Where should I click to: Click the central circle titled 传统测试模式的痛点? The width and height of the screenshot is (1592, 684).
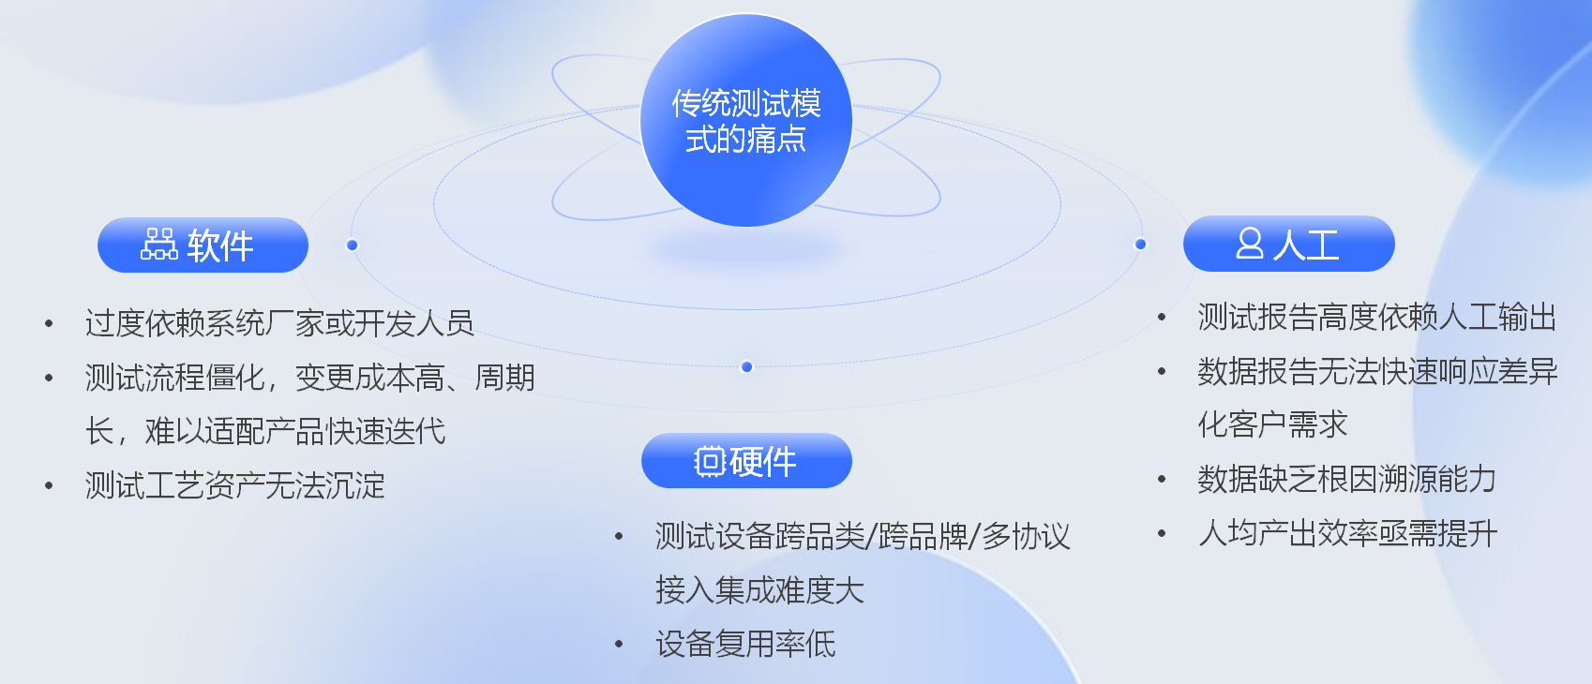tap(746, 121)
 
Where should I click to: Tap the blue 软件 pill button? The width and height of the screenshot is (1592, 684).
tap(203, 245)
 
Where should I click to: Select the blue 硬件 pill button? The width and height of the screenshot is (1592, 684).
tap(746, 461)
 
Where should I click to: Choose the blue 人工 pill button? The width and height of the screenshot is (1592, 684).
tap(1288, 244)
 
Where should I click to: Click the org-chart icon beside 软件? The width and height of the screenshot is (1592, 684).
tap(159, 245)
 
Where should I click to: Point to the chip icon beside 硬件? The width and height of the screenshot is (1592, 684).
tap(710, 462)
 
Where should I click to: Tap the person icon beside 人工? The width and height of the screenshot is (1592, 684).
tap(1250, 243)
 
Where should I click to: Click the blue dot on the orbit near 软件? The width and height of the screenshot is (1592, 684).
tap(352, 245)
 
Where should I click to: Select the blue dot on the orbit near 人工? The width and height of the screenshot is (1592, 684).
tap(1140, 245)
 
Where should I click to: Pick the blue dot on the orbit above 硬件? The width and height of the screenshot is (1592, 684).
tap(746, 367)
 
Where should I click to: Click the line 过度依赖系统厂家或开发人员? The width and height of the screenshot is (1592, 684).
tap(279, 323)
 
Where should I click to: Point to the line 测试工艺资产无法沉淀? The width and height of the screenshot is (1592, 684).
tap(234, 486)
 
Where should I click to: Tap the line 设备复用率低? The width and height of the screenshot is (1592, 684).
tap(745, 645)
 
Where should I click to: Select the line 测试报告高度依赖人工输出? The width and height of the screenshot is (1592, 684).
tap(1377, 317)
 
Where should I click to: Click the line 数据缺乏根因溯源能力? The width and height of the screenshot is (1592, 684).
tap(1346, 480)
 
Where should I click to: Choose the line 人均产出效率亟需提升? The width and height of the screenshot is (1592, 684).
tap(1347, 533)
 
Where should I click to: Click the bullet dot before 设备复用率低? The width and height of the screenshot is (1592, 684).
tap(619, 645)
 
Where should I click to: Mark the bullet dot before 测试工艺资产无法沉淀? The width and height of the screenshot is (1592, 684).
tap(49, 486)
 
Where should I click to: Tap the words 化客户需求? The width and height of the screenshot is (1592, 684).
tap(1272, 424)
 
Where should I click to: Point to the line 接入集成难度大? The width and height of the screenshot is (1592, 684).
tap(759, 590)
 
